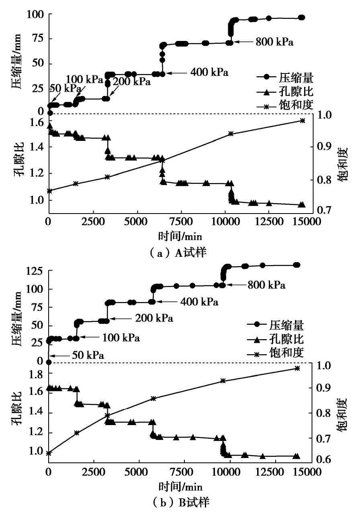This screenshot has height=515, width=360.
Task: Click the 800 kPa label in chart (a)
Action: pyautogui.click(x=274, y=42)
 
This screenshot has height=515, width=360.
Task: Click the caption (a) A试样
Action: pyautogui.click(x=180, y=253)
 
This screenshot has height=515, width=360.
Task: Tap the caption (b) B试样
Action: pyautogui.click(x=180, y=501)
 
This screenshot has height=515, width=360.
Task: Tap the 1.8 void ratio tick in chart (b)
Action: pyautogui.click(x=35, y=373)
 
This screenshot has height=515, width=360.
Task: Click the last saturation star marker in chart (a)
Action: pyautogui.click(x=303, y=120)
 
